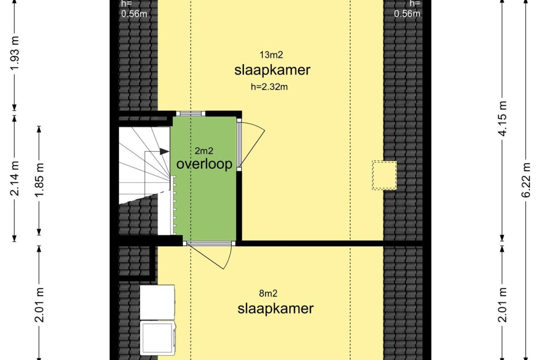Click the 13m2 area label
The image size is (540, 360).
click(271, 55)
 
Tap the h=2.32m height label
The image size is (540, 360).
click(269, 87)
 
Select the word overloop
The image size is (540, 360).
click(204, 164)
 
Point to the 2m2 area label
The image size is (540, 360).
click(204, 151)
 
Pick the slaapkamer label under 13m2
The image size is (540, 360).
click(272, 70)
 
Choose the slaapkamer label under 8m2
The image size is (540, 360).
click(275, 308)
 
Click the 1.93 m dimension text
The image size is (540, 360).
click(15, 55)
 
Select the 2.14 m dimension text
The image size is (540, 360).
click(15, 180)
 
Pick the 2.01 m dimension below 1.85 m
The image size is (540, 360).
click(39, 305)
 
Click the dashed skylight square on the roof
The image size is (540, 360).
click(384, 175)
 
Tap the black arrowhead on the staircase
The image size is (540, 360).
click(164, 151)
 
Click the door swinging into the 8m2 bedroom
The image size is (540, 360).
click(208, 256)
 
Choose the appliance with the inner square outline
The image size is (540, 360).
click(157, 337)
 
